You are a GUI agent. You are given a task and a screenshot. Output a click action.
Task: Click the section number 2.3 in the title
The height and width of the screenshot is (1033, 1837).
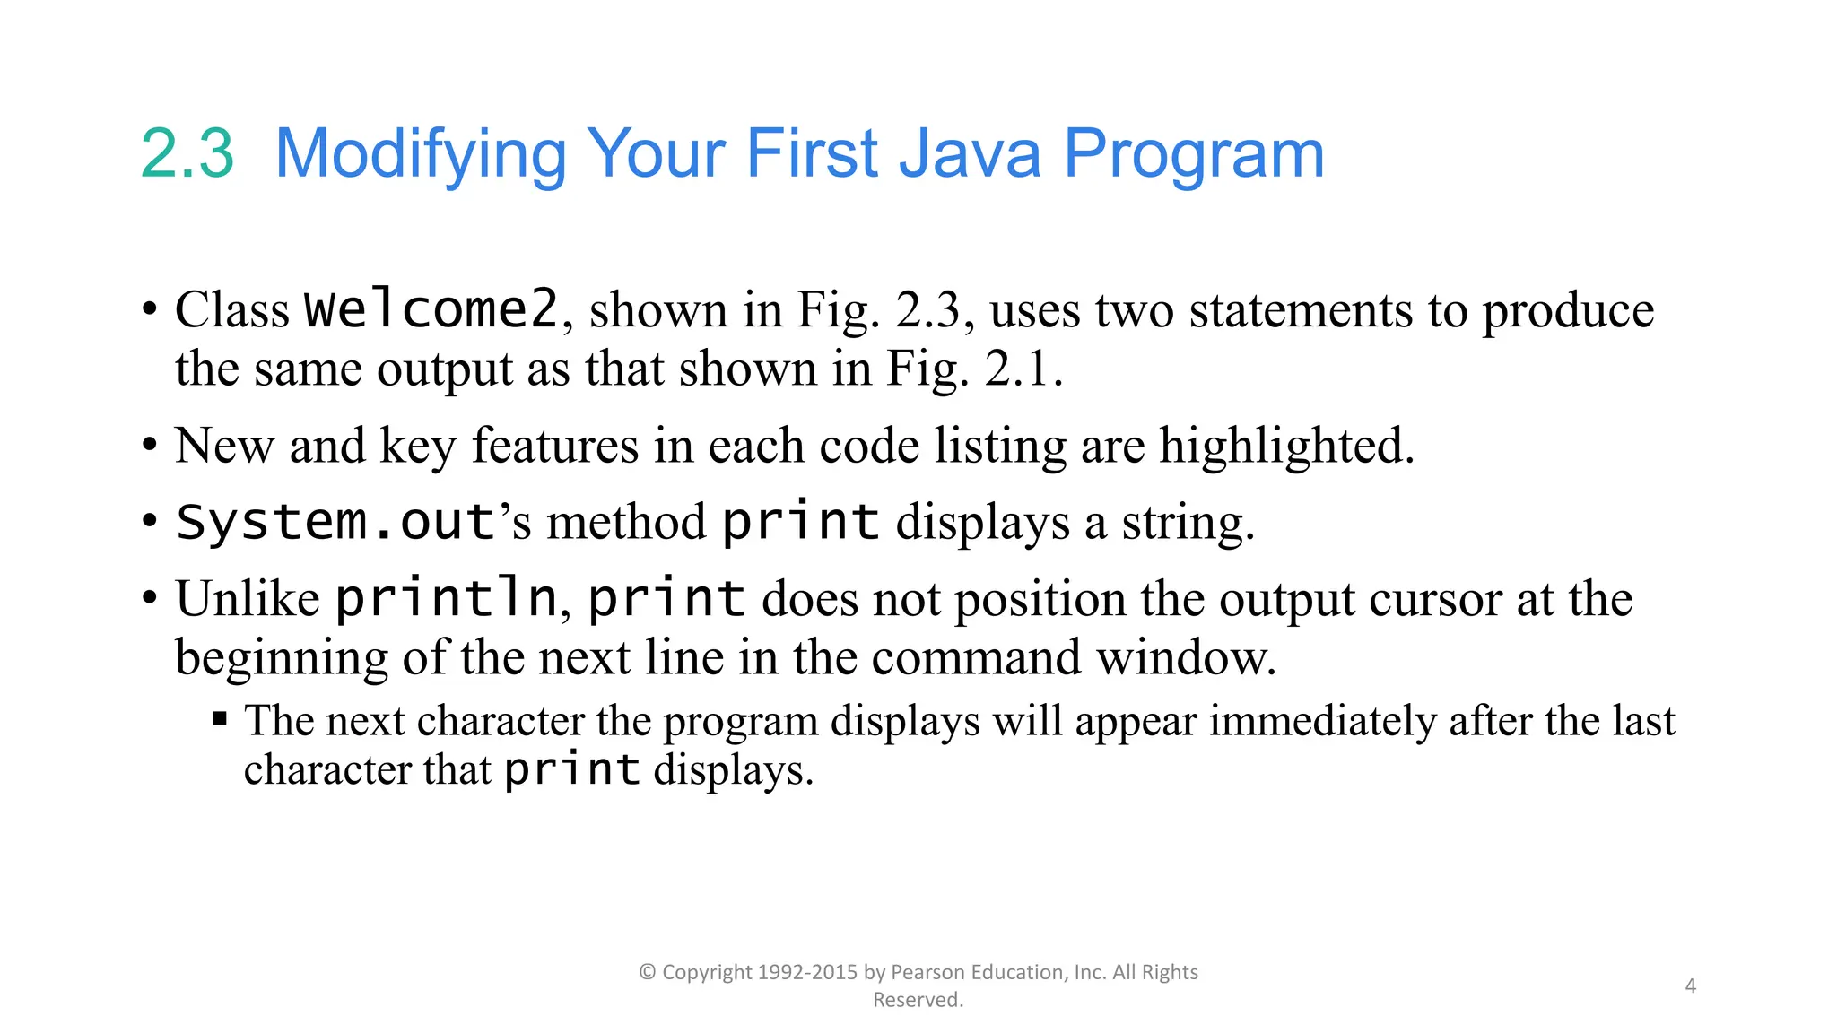tap(187, 153)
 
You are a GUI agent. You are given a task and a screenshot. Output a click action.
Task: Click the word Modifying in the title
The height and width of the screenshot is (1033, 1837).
tap(420, 155)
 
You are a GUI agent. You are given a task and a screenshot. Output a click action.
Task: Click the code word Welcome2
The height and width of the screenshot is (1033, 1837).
tap(431, 309)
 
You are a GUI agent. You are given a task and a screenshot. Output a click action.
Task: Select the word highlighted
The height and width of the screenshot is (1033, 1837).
tap(1286, 446)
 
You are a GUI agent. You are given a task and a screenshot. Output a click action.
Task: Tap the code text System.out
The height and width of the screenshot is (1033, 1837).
tap(335, 522)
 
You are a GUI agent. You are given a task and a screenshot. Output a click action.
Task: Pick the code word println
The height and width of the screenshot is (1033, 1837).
tap(446, 598)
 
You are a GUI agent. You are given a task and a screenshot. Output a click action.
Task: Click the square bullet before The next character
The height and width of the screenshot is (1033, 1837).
tap(220, 718)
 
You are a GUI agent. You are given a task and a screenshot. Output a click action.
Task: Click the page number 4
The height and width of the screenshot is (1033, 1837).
tap(1691, 985)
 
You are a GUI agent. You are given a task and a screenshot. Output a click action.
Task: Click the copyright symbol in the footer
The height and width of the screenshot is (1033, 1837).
tap(648, 972)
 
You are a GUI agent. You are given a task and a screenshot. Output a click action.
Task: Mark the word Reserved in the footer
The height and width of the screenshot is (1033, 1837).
tap(918, 1000)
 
